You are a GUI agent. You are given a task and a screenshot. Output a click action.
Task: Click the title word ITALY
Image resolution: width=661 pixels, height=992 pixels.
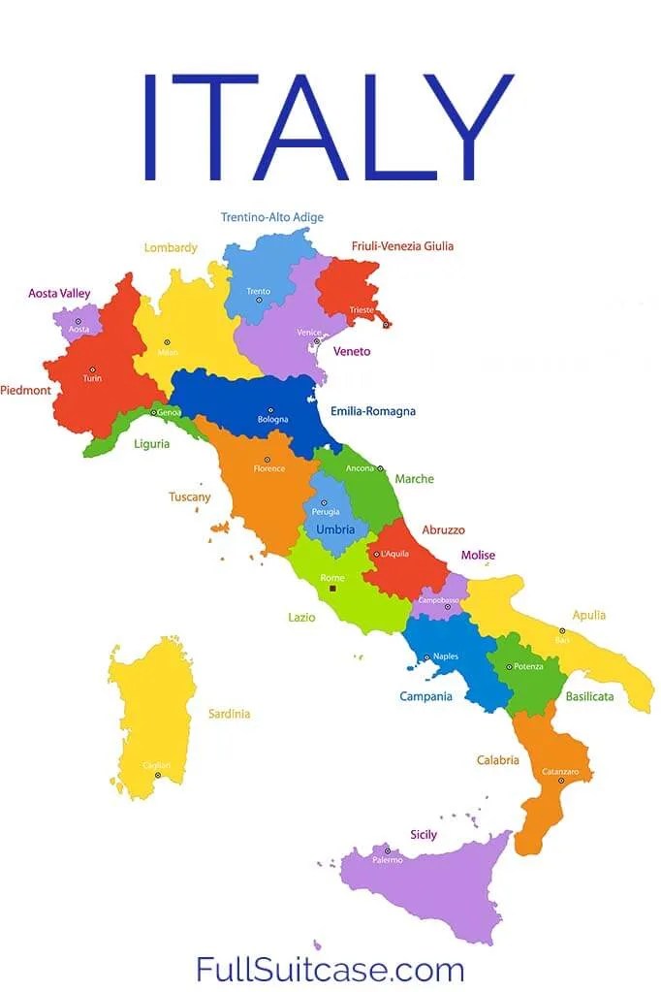pyautogui.click(x=330, y=126)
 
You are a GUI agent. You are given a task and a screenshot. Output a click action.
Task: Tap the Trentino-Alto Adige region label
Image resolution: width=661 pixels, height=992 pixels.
pyautogui.click(x=271, y=217)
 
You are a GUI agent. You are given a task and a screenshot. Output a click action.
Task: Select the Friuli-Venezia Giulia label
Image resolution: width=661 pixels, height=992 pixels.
pyautogui.click(x=401, y=246)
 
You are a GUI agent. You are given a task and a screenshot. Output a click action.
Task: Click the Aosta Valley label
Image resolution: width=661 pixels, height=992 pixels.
pyautogui.click(x=59, y=292)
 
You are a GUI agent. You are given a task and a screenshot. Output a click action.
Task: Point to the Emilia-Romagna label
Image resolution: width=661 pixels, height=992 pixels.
pyautogui.click(x=373, y=411)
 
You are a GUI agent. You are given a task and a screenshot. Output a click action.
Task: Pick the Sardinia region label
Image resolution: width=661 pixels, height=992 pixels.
pyautogui.click(x=230, y=714)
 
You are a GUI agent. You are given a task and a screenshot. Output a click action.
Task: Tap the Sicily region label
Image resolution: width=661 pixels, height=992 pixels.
pyautogui.click(x=424, y=834)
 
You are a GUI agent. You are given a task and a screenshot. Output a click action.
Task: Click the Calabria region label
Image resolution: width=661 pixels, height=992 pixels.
pyautogui.click(x=498, y=760)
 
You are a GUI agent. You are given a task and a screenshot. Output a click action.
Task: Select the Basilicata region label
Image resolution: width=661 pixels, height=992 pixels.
pyautogui.click(x=590, y=696)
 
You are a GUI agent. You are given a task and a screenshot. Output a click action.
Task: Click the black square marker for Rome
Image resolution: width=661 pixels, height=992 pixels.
pyautogui.click(x=333, y=589)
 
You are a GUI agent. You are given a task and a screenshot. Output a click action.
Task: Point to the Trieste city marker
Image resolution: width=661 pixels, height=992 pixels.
pyautogui.click(x=385, y=324)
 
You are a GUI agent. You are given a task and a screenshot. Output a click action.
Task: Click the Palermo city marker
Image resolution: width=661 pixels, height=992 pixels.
pyautogui.click(x=388, y=849)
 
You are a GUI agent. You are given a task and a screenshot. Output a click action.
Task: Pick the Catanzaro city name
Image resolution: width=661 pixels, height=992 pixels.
pyautogui.click(x=560, y=771)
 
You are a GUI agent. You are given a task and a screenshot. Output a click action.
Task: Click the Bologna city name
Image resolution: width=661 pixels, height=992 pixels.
pyautogui.click(x=272, y=420)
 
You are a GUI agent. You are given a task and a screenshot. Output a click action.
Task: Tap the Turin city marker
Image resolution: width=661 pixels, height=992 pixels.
pyautogui.click(x=92, y=368)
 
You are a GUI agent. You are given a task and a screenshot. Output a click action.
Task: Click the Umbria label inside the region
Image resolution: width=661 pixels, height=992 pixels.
pyautogui.click(x=335, y=529)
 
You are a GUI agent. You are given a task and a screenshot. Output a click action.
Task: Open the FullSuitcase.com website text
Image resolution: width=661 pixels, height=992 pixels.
pyautogui.click(x=330, y=969)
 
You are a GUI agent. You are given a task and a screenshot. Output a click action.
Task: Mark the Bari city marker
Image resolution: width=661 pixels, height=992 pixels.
pyautogui.click(x=562, y=630)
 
